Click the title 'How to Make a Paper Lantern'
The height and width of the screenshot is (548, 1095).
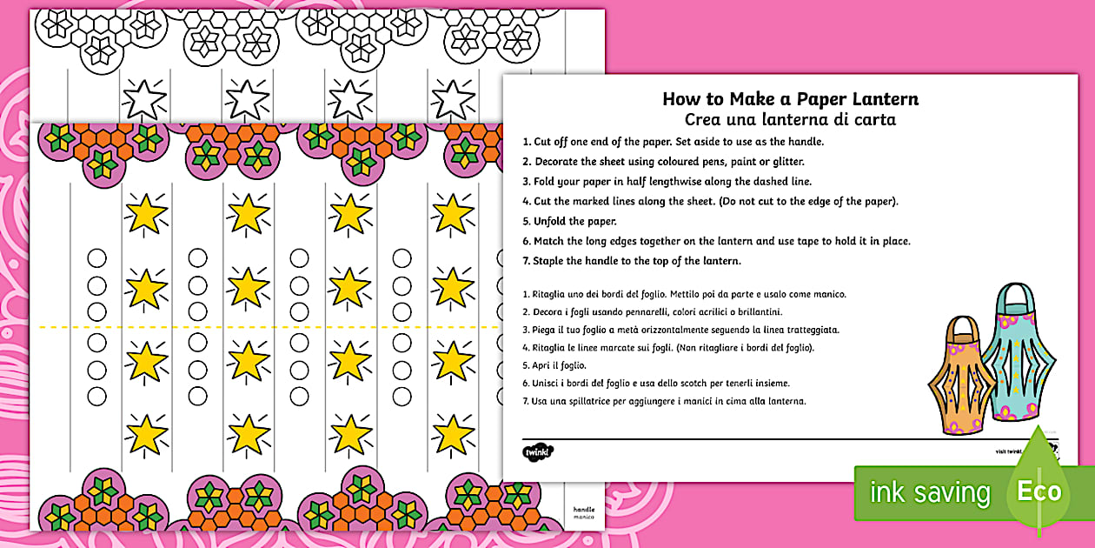coord(790,98)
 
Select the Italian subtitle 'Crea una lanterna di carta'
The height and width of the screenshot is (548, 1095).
coord(790,120)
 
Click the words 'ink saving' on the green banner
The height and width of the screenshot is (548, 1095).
coord(930,493)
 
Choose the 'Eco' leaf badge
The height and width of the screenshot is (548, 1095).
coord(1039,491)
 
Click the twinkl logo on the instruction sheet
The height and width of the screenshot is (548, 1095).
coord(538,451)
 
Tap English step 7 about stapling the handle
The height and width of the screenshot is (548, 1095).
coord(632,261)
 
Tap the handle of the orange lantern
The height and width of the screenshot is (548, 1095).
coord(959,330)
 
